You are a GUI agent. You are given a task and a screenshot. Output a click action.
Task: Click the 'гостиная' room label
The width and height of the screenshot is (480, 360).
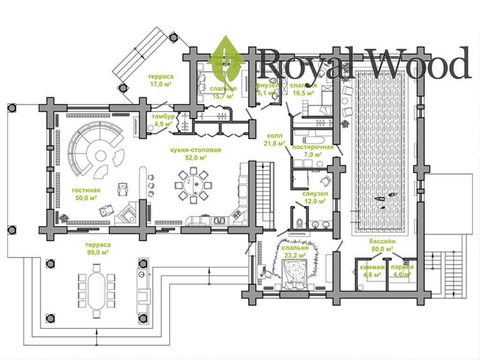(x=86, y=190)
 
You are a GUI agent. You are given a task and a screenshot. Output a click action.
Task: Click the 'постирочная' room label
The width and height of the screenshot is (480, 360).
(x=313, y=147)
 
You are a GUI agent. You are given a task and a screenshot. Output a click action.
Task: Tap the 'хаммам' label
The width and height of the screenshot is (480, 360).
(x=369, y=267)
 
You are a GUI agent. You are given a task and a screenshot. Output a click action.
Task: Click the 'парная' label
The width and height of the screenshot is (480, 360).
(x=402, y=267)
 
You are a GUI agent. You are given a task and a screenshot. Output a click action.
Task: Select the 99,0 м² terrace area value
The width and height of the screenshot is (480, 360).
(x=97, y=252)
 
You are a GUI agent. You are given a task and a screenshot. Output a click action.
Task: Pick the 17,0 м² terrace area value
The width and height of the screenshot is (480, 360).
(x=160, y=84)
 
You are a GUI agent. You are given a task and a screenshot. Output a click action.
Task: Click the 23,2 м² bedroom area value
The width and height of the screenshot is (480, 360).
(x=295, y=255)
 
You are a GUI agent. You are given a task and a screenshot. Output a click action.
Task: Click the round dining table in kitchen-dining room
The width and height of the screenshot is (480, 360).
(x=192, y=186)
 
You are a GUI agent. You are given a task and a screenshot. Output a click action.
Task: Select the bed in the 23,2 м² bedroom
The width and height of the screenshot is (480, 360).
(x=295, y=274)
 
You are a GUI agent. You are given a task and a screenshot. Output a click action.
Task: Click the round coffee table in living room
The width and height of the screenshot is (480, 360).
(x=101, y=156)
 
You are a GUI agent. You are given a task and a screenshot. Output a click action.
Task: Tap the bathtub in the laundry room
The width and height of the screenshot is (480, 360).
(x=311, y=140)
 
